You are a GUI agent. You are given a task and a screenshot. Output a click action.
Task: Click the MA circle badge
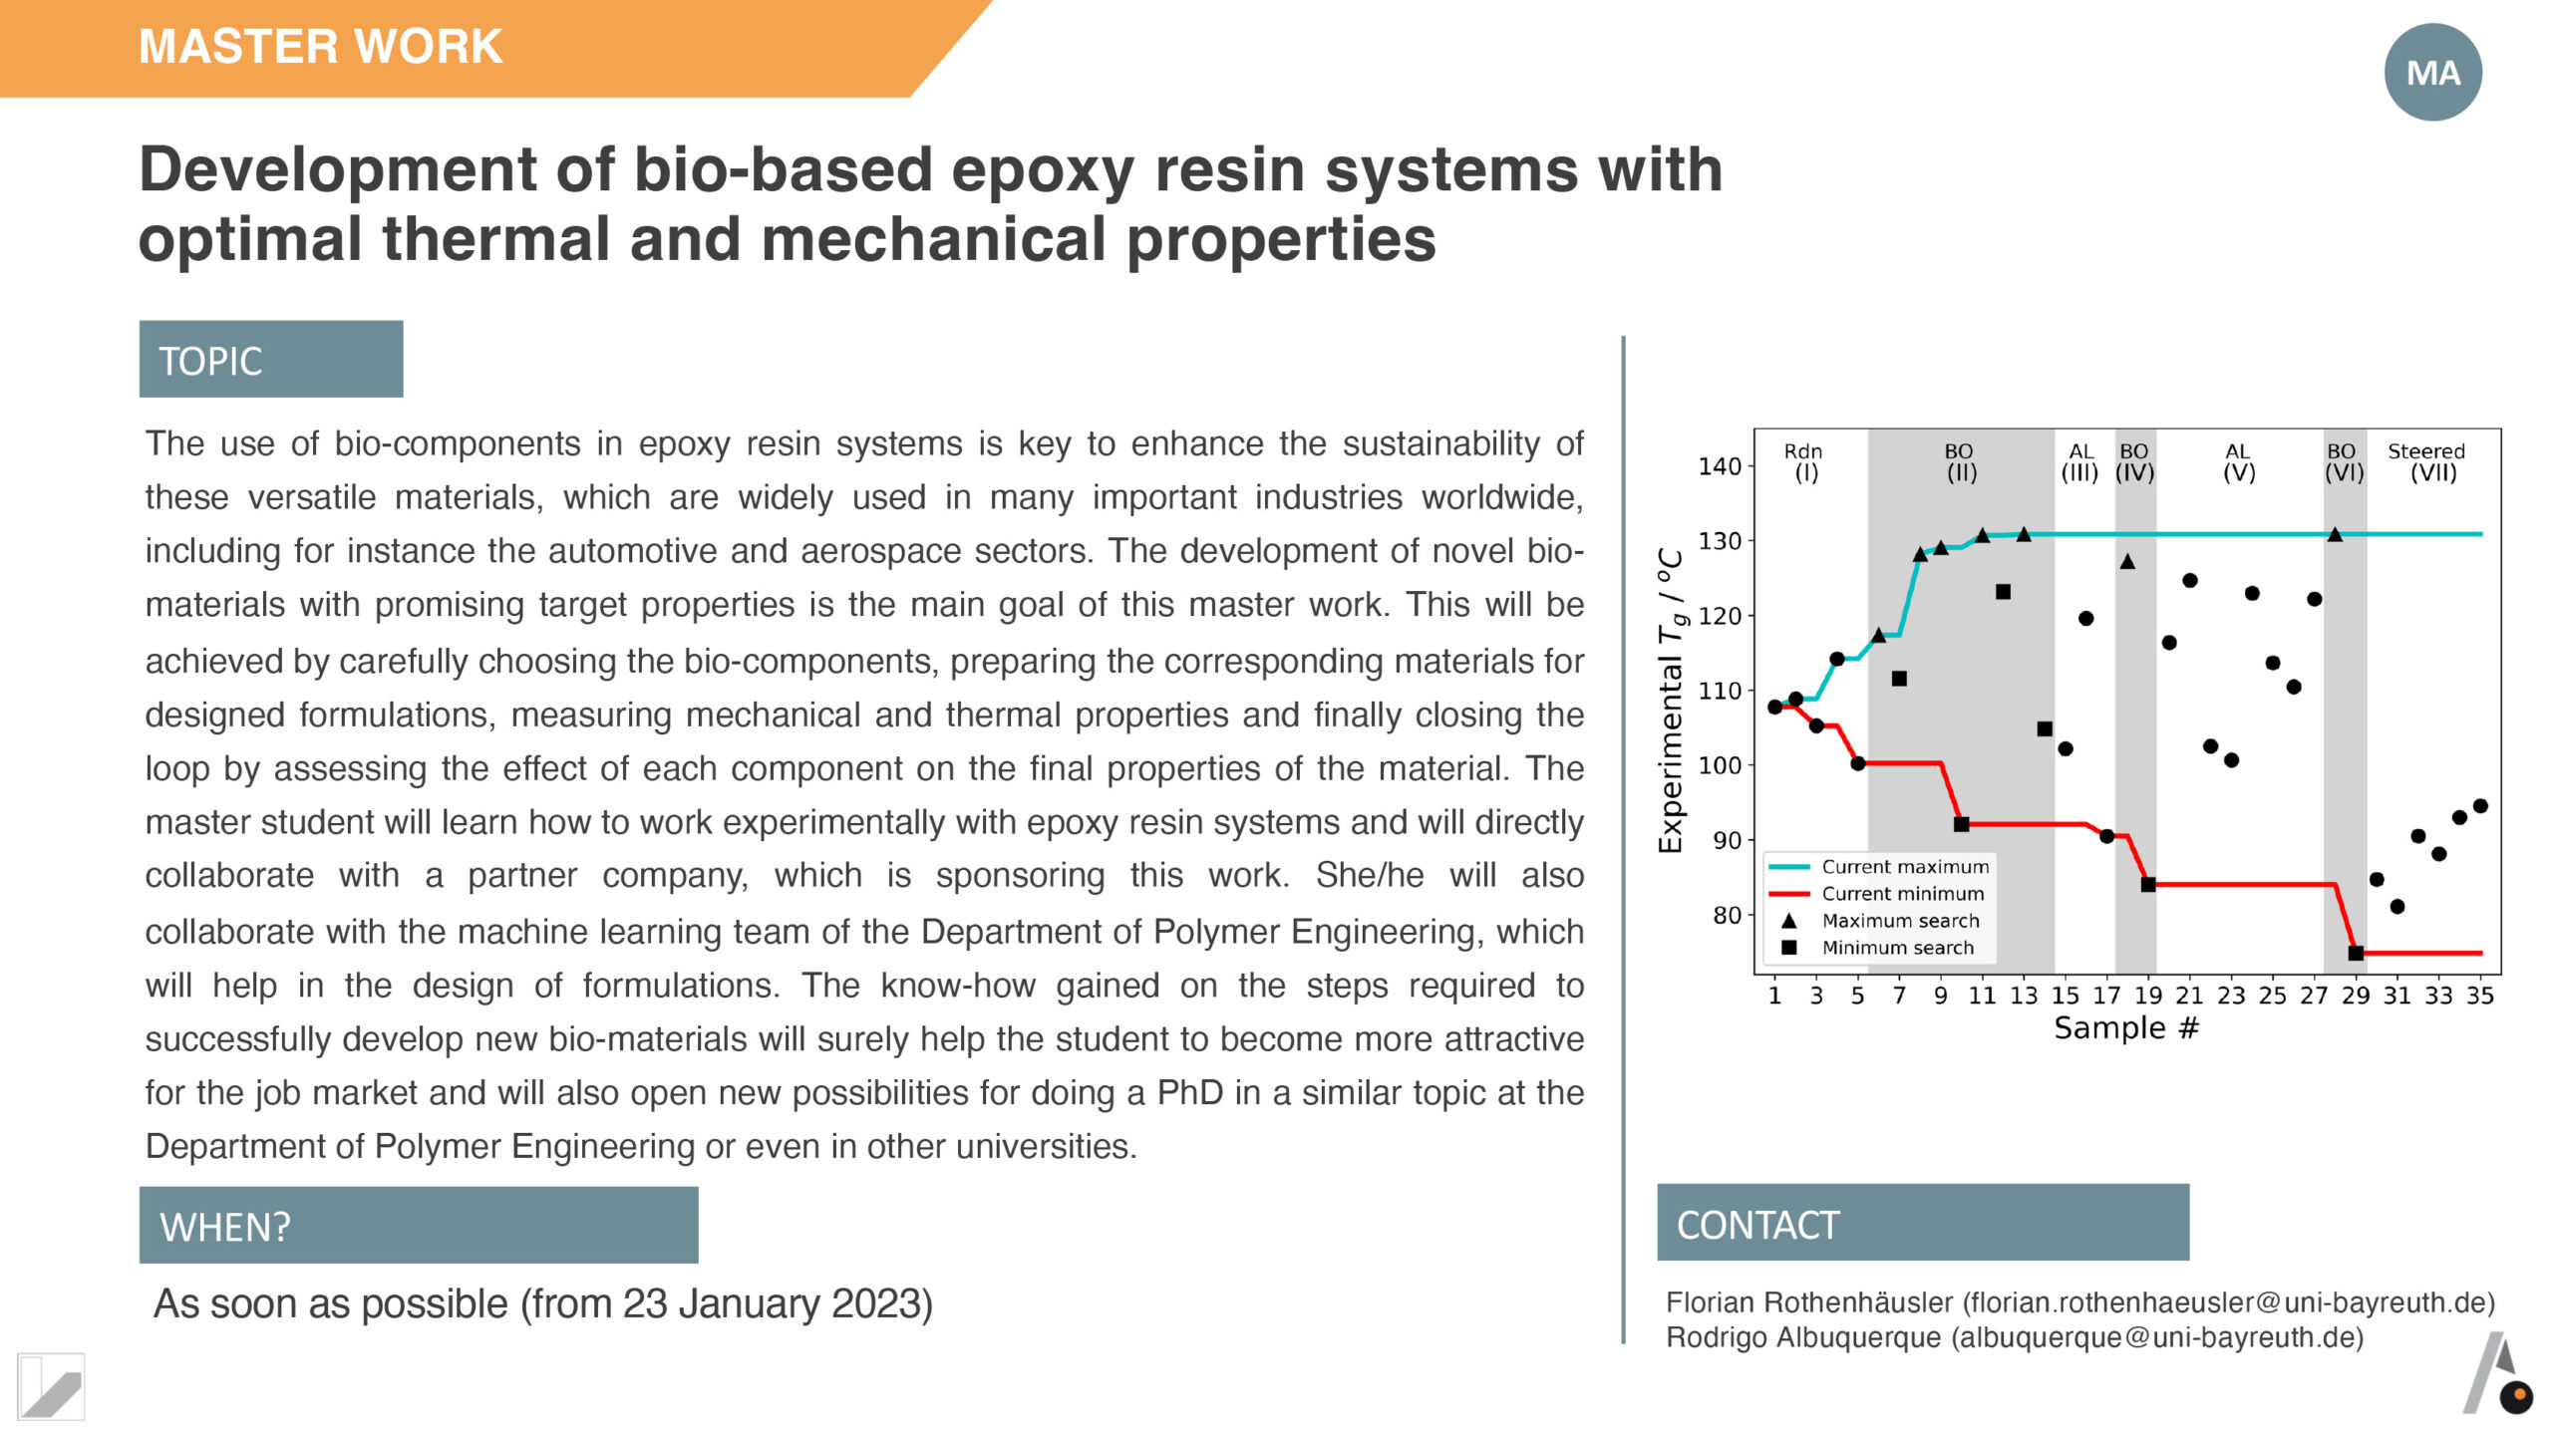pos(2432,72)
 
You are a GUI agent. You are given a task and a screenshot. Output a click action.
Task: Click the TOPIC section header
pos(271,359)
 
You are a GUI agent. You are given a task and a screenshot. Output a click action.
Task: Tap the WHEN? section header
pos(419,1226)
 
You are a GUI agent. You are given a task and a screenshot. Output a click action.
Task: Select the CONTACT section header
pos(1923,1223)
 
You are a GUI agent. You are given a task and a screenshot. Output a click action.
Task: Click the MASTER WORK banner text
pos(321,47)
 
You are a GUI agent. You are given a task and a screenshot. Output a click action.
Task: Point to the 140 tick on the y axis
pos(1720,466)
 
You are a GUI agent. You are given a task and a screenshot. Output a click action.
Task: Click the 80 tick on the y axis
pos(1728,915)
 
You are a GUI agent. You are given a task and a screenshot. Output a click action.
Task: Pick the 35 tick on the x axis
pos(2480,996)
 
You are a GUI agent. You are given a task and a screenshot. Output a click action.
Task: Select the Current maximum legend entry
pos(1879,867)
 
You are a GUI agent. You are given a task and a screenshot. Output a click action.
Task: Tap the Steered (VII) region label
pos(2427,462)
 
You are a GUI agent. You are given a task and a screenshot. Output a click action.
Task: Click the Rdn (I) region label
pos(1803,462)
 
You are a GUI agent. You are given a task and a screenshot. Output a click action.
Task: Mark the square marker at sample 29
pos(2356,954)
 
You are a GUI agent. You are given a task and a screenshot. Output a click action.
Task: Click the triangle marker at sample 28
pos(2335,535)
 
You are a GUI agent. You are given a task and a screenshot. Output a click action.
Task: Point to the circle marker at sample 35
pos(2480,806)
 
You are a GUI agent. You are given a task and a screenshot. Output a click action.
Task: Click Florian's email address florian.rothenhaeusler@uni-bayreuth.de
pos(2228,1302)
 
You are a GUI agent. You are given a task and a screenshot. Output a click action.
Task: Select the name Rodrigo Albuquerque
pos(1803,1337)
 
